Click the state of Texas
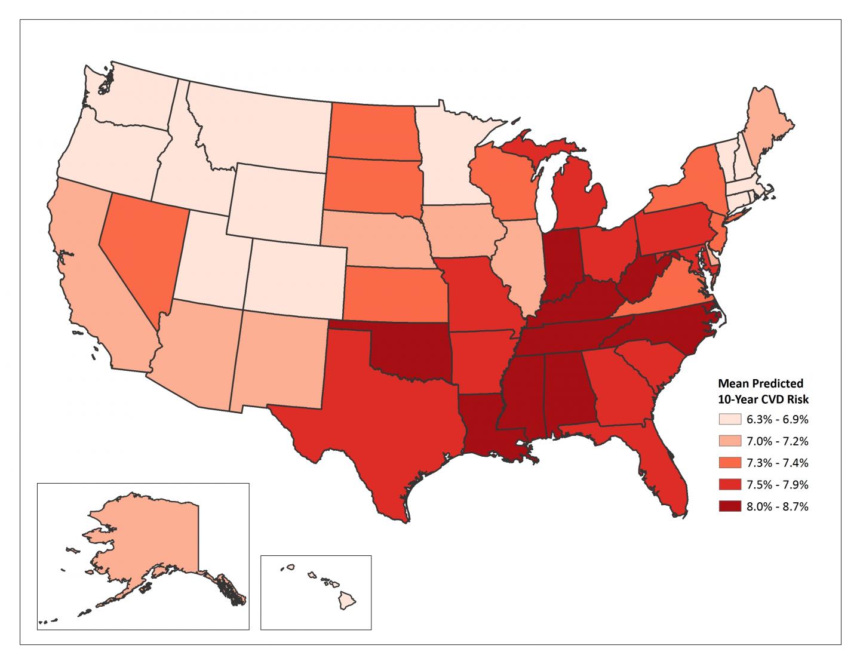click(x=382, y=418)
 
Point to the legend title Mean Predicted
click(x=760, y=383)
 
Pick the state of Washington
click(x=137, y=99)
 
